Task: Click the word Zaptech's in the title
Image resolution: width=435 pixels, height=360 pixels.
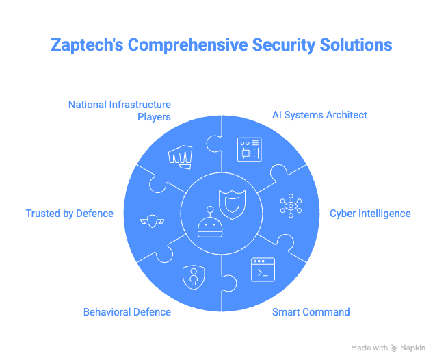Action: click(87, 45)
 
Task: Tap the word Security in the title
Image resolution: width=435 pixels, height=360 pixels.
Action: click(284, 45)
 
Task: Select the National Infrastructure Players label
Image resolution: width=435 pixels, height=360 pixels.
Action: click(120, 110)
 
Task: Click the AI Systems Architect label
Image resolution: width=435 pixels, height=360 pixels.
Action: click(319, 115)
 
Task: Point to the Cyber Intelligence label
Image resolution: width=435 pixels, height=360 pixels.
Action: click(370, 214)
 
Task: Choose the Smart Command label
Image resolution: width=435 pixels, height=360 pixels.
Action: click(311, 312)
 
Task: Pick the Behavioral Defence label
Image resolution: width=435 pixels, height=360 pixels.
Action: click(127, 312)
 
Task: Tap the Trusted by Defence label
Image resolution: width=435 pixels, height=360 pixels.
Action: click(70, 214)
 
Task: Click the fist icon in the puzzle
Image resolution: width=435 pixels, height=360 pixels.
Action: click(181, 157)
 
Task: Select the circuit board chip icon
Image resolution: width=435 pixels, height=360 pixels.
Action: click(250, 149)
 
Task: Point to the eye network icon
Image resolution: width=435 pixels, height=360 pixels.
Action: click(291, 206)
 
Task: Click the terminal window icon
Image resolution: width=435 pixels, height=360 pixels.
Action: click(263, 270)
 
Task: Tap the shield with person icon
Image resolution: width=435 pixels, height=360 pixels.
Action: click(194, 277)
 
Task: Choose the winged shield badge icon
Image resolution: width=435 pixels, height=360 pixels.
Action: click(152, 221)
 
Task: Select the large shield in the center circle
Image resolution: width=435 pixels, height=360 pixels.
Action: click(232, 204)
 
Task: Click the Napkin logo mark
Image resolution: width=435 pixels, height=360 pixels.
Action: click(394, 348)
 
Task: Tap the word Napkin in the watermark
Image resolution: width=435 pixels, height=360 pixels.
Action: click(412, 348)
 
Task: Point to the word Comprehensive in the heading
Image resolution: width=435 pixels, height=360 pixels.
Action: click(187, 45)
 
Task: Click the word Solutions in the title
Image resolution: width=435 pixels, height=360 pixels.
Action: click(356, 45)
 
